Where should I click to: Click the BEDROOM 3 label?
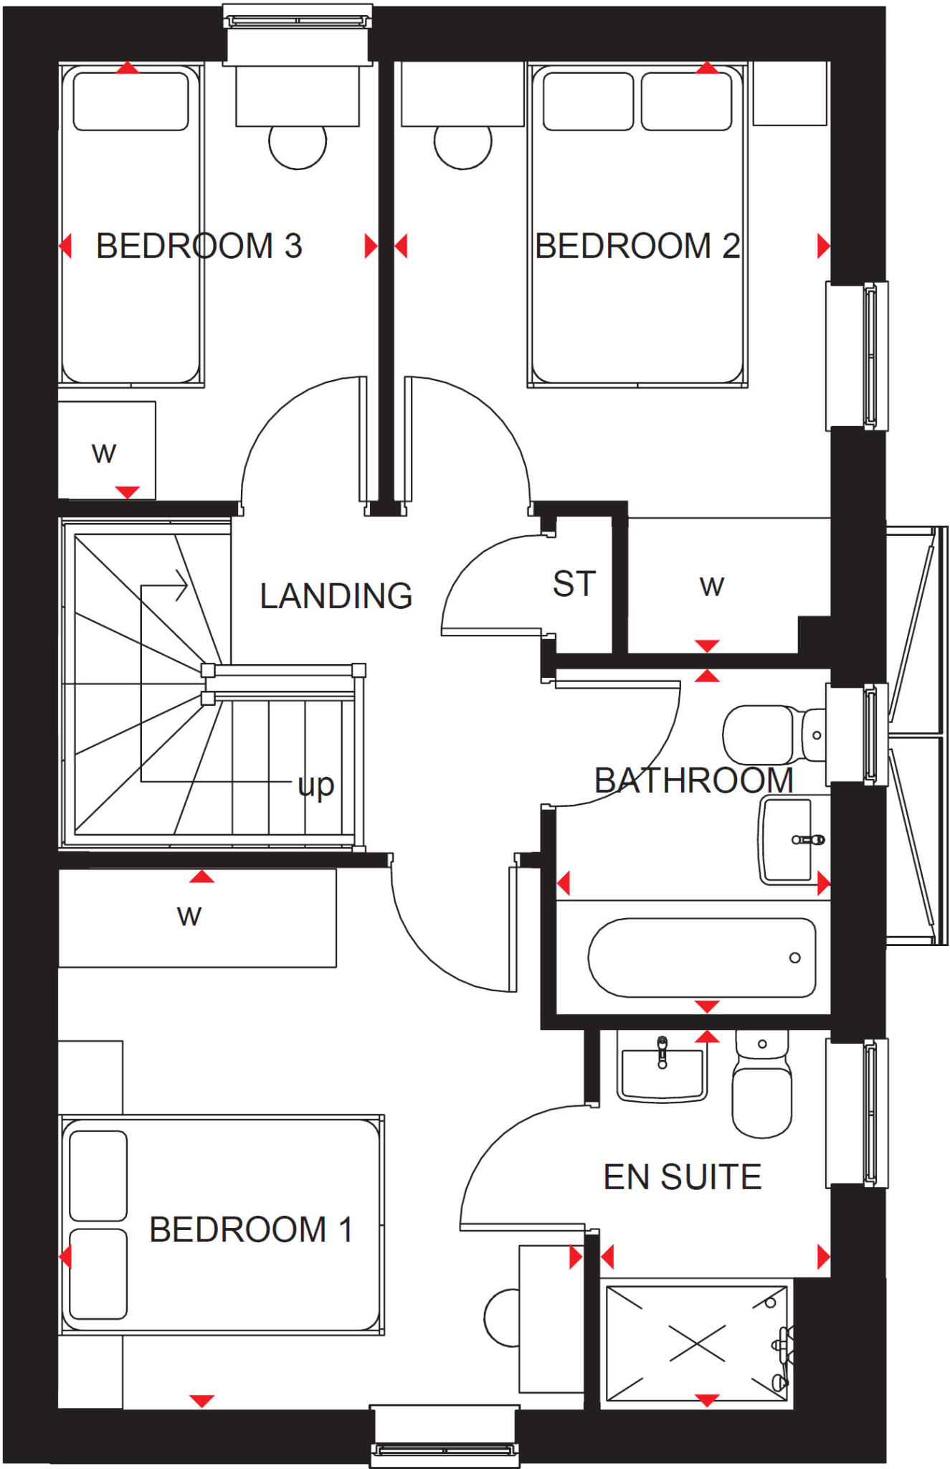pyautogui.click(x=199, y=246)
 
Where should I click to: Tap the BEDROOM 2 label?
pyautogui.click(x=637, y=246)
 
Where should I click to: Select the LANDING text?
pyautogui.click(x=336, y=596)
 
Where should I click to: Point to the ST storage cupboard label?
pyautogui.click(x=574, y=584)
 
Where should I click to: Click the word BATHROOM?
pyautogui.click(x=693, y=780)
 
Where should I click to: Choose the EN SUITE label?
pyautogui.click(x=682, y=1177)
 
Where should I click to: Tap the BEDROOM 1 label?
pyautogui.click(x=250, y=1229)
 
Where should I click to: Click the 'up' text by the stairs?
pyautogui.click(x=315, y=785)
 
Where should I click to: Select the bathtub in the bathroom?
pyautogui.click(x=701, y=958)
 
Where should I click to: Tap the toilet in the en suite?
pyautogui.click(x=761, y=1087)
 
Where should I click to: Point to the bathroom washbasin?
pyautogui.click(x=789, y=839)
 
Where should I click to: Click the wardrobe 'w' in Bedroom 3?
pyautogui.click(x=104, y=453)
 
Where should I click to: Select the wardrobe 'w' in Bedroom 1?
pyautogui.click(x=189, y=915)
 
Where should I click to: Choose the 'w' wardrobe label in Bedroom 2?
pyautogui.click(x=712, y=586)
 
